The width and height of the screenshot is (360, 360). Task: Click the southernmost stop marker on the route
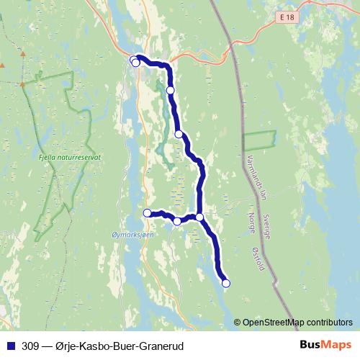(x=225, y=284)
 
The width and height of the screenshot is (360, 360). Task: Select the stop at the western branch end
(x=147, y=212)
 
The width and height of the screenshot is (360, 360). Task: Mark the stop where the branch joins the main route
(x=199, y=216)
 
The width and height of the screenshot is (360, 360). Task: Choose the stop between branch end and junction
(x=177, y=221)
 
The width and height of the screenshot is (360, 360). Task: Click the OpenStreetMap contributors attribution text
(x=299, y=323)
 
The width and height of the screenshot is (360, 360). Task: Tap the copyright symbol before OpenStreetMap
(x=238, y=323)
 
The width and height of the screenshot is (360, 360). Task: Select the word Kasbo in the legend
(x=97, y=346)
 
